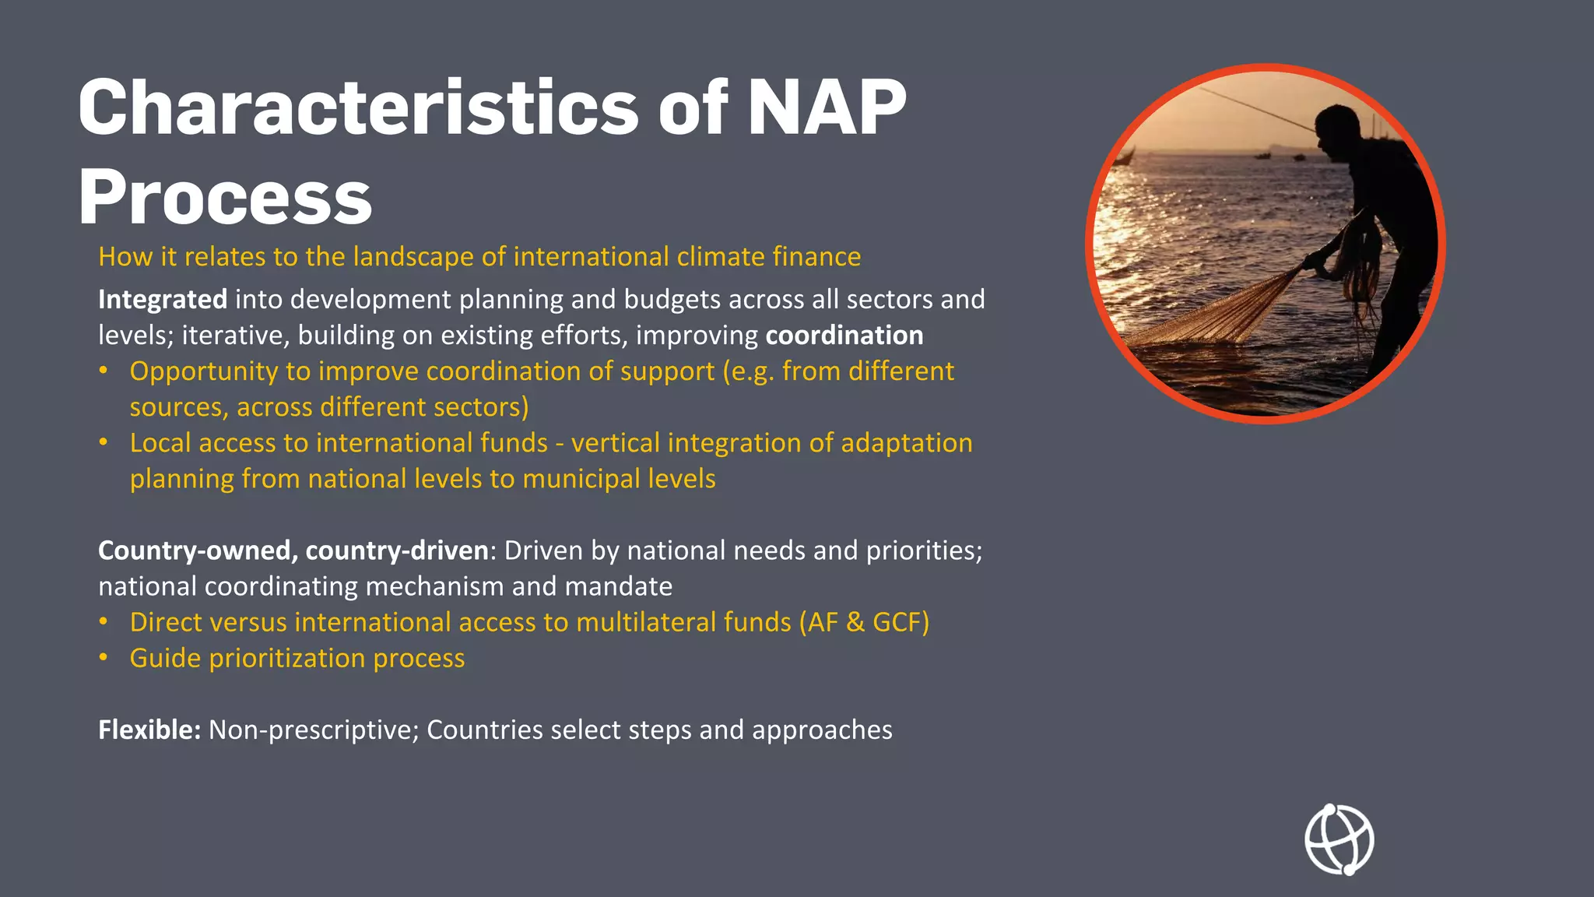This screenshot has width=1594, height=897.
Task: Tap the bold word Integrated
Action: [x=163, y=300]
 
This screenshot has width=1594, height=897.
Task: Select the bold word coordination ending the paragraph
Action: [x=844, y=336]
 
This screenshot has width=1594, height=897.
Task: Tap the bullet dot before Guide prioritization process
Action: [x=104, y=658]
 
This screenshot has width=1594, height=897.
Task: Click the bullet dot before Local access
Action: [x=104, y=442]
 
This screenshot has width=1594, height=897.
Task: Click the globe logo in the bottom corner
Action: [x=1339, y=840]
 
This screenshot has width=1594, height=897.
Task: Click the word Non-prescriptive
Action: [x=314, y=730]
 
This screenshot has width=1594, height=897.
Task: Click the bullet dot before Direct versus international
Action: [x=104, y=622]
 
